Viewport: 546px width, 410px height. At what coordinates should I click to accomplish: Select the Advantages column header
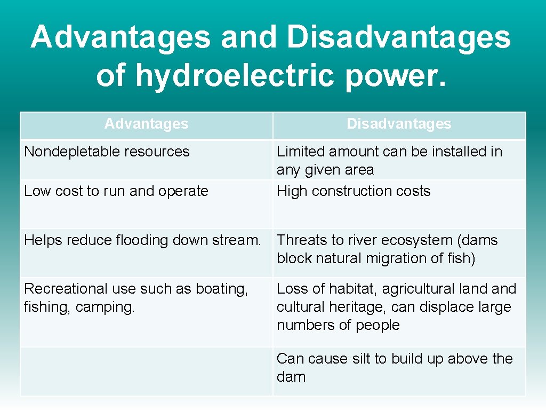point(146,124)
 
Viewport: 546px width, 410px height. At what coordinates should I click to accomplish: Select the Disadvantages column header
point(399,124)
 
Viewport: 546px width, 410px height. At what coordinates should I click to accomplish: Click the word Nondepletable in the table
point(69,152)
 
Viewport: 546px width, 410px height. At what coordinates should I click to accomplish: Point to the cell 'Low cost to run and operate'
point(116,191)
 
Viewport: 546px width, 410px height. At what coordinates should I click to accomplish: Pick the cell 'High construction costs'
point(353,191)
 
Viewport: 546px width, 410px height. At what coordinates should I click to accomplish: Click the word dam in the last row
point(291,377)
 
